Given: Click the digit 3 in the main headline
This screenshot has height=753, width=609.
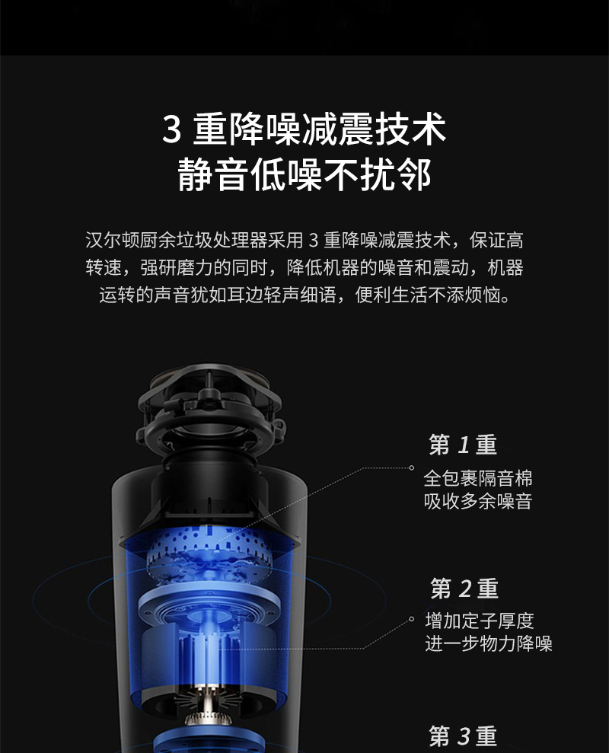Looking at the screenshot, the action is click(x=171, y=129).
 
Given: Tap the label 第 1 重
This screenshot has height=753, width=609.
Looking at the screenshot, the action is click(x=463, y=445).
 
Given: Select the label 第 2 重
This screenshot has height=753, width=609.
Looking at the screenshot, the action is click(x=464, y=589).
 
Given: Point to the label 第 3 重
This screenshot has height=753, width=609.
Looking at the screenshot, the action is click(x=463, y=735).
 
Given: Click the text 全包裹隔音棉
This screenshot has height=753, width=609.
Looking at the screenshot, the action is click(x=478, y=478).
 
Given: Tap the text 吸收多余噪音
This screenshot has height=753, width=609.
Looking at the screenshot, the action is click(x=478, y=501).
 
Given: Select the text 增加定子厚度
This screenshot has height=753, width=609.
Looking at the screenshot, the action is click(x=480, y=621).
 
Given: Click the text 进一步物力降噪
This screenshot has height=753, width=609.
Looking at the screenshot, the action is click(x=489, y=643).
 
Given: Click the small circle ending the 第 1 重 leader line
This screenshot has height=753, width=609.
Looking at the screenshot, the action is click(x=412, y=467).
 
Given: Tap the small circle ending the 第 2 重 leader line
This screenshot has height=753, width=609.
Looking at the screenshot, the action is click(x=412, y=620).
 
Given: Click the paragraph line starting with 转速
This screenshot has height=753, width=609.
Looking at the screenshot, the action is click(x=304, y=267).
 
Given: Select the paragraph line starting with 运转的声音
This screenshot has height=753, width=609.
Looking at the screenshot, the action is click(x=304, y=295).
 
